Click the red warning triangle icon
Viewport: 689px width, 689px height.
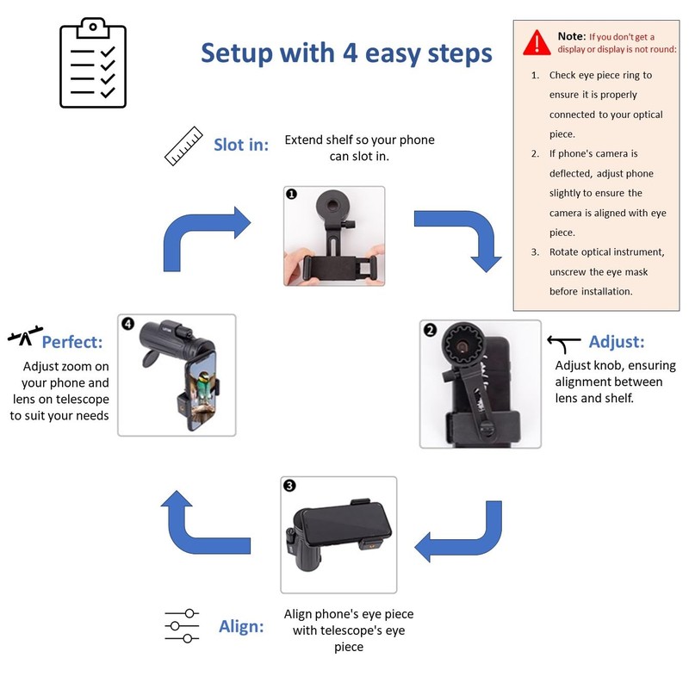click(x=537, y=40)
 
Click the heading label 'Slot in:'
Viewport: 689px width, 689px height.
click(x=241, y=145)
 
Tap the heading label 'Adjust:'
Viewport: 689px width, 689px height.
click(x=617, y=342)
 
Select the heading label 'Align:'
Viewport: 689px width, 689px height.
click(x=241, y=626)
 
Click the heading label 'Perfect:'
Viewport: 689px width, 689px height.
click(x=72, y=342)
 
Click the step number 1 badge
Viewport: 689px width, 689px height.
click(x=291, y=195)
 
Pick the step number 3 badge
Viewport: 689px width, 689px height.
click(x=289, y=486)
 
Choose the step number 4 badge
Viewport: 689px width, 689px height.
click(x=128, y=324)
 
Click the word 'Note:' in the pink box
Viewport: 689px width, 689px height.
click(x=570, y=36)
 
